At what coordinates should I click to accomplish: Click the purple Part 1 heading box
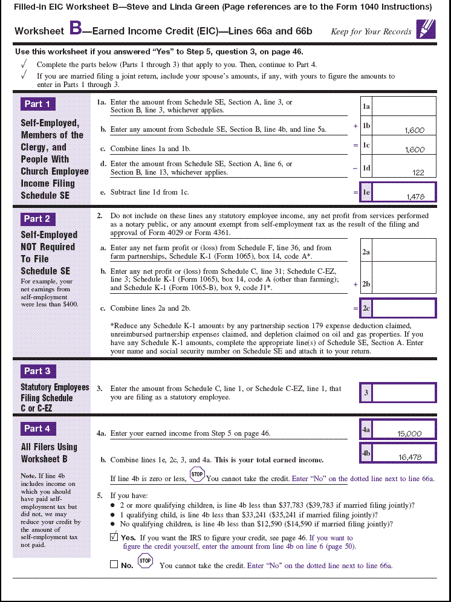click(x=37, y=104)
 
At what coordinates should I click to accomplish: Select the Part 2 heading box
click(x=37, y=219)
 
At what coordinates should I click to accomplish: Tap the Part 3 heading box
click(x=37, y=371)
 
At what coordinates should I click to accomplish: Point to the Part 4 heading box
click(x=37, y=429)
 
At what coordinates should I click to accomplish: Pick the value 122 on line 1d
click(x=418, y=172)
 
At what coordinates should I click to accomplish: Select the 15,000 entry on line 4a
click(x=409, y=433)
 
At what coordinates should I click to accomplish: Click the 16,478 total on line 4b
click(x=410, y=457)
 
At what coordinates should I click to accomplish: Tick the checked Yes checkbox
click(x=114, y=537)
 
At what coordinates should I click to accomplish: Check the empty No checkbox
click(x=114, y=565)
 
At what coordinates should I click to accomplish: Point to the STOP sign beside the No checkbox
click(x=145, y=562)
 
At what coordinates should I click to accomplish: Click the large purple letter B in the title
click(x=76, y=28)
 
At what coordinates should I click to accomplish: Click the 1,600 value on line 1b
click(x=414, y=130)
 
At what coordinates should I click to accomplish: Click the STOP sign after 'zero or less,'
click(x=197, y=474)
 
